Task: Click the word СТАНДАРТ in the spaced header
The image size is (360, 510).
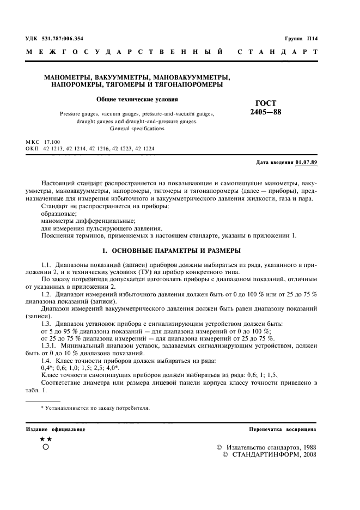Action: click(x=278, y=52)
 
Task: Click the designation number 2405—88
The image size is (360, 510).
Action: click(x=266, y=112)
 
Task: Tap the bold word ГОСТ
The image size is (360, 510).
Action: click(x=266, y=104)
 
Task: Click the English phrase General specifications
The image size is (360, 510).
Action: click(x=137, y=129)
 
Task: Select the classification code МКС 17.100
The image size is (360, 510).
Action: click(x=46, y=141)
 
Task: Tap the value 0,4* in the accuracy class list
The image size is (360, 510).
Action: click(x=48, y=368)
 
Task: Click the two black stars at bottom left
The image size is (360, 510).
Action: click(x=46, y=439)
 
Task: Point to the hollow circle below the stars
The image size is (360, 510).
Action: click(x=46, y=447)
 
